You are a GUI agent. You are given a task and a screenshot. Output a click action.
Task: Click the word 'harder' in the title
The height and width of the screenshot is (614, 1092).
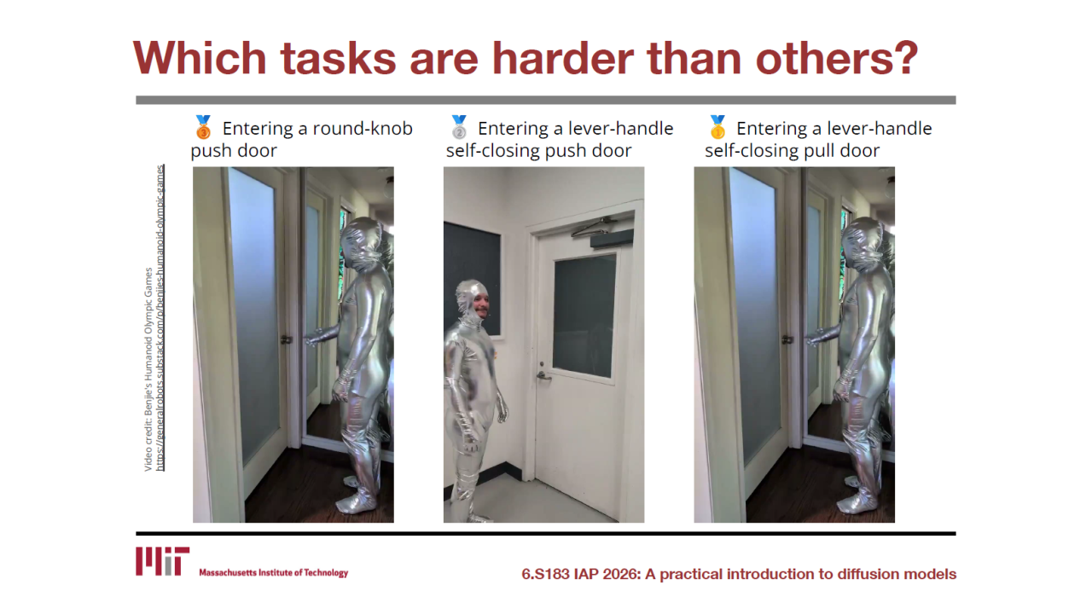pyautogui.click(x=562, y=58)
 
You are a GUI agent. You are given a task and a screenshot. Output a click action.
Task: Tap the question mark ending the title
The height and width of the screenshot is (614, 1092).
pyautogui.click(x=904, y=58)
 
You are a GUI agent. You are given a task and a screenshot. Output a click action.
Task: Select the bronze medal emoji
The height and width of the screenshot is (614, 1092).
pyautogui.click(x=203, y=128)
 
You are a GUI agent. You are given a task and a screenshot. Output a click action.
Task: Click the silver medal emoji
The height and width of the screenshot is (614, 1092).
pyautogui.click(x=459, y=128)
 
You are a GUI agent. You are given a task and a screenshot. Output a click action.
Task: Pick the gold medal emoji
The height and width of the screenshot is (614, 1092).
pyautogui.click(x=717, y=128)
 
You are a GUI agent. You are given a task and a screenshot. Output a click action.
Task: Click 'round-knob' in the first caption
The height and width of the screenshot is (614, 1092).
pyautogui.click(x=363, y=129)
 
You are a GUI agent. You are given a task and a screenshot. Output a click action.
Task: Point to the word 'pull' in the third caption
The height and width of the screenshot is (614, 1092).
pyautogui.click(x=820, y=151)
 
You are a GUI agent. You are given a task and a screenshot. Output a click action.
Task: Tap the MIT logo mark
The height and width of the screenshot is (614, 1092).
pyautogui.click(x=162, y=561)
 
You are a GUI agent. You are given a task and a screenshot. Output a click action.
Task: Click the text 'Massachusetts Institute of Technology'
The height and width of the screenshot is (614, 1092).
pyautogui.click(x=274, y=572)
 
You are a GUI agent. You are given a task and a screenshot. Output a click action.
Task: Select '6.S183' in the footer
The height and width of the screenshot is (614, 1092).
pyautogui.click(x=545, y=574)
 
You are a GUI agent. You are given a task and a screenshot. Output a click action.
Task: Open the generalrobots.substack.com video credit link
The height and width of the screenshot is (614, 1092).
pyautogui.click(x=160, y=319)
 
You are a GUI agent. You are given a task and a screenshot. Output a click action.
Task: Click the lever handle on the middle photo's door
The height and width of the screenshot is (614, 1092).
pyautogui.click(x=543, y=376)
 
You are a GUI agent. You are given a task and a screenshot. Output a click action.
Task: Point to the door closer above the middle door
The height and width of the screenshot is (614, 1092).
pyautogui.click(x=601, y=231)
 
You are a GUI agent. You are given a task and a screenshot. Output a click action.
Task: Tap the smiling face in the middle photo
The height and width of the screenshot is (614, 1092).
pyautogui.click(x=480, y=306)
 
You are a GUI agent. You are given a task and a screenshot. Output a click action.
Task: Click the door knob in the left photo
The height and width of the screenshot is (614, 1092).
pyautogui.click(x=287, y=339)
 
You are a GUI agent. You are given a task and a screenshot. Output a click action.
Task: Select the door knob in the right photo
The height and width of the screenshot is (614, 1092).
pyautogui.click(x=787, y=339)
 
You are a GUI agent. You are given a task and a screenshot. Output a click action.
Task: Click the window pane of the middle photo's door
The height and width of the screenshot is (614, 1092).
pyautogui.click(x=584, y=316)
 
